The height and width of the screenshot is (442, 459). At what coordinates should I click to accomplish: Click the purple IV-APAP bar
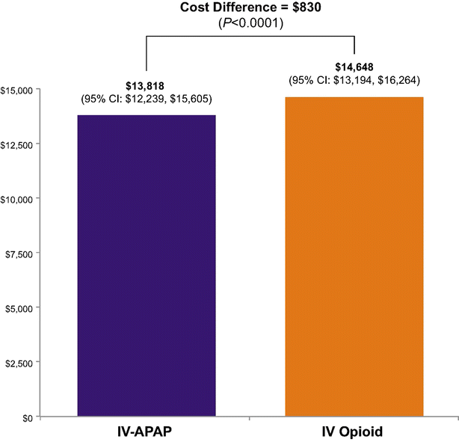coord(147,265)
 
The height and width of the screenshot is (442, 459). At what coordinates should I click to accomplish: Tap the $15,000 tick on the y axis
coord(16,90)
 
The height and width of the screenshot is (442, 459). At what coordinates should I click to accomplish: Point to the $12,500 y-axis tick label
coord(16,144)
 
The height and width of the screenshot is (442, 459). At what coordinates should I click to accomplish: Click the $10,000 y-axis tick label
coord(16,199)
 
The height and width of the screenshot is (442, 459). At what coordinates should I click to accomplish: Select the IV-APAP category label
coord(147,432)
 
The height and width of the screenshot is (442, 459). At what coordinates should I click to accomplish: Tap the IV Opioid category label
coord(354,432)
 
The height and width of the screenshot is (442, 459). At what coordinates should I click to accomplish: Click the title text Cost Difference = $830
coord(250,7)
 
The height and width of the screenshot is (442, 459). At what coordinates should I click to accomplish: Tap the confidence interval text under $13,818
coord(147,99)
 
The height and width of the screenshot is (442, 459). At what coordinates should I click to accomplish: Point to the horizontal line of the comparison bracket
coord(250,34)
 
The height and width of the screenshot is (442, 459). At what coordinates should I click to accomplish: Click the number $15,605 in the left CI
coord(191,99)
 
